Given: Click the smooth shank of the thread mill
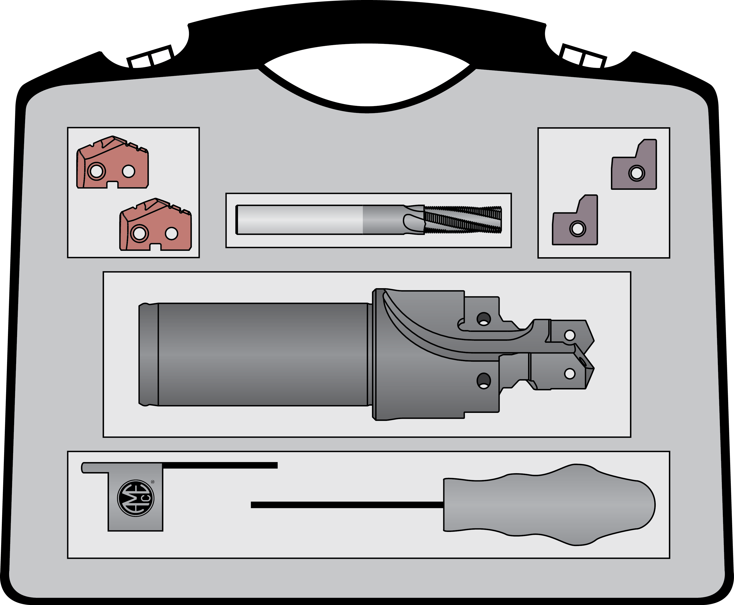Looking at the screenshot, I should coord(300,220).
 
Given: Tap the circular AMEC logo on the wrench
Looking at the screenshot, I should coord(136,498).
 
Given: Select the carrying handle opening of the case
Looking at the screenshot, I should coord(367,75).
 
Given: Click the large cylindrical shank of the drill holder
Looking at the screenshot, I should coord(263,354).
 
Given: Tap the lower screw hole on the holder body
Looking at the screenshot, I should coord(483,381).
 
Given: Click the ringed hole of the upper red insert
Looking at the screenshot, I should coord(96,171).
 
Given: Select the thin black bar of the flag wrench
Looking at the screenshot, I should coord(220,465).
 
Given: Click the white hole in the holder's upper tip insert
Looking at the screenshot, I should coord(569,335).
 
